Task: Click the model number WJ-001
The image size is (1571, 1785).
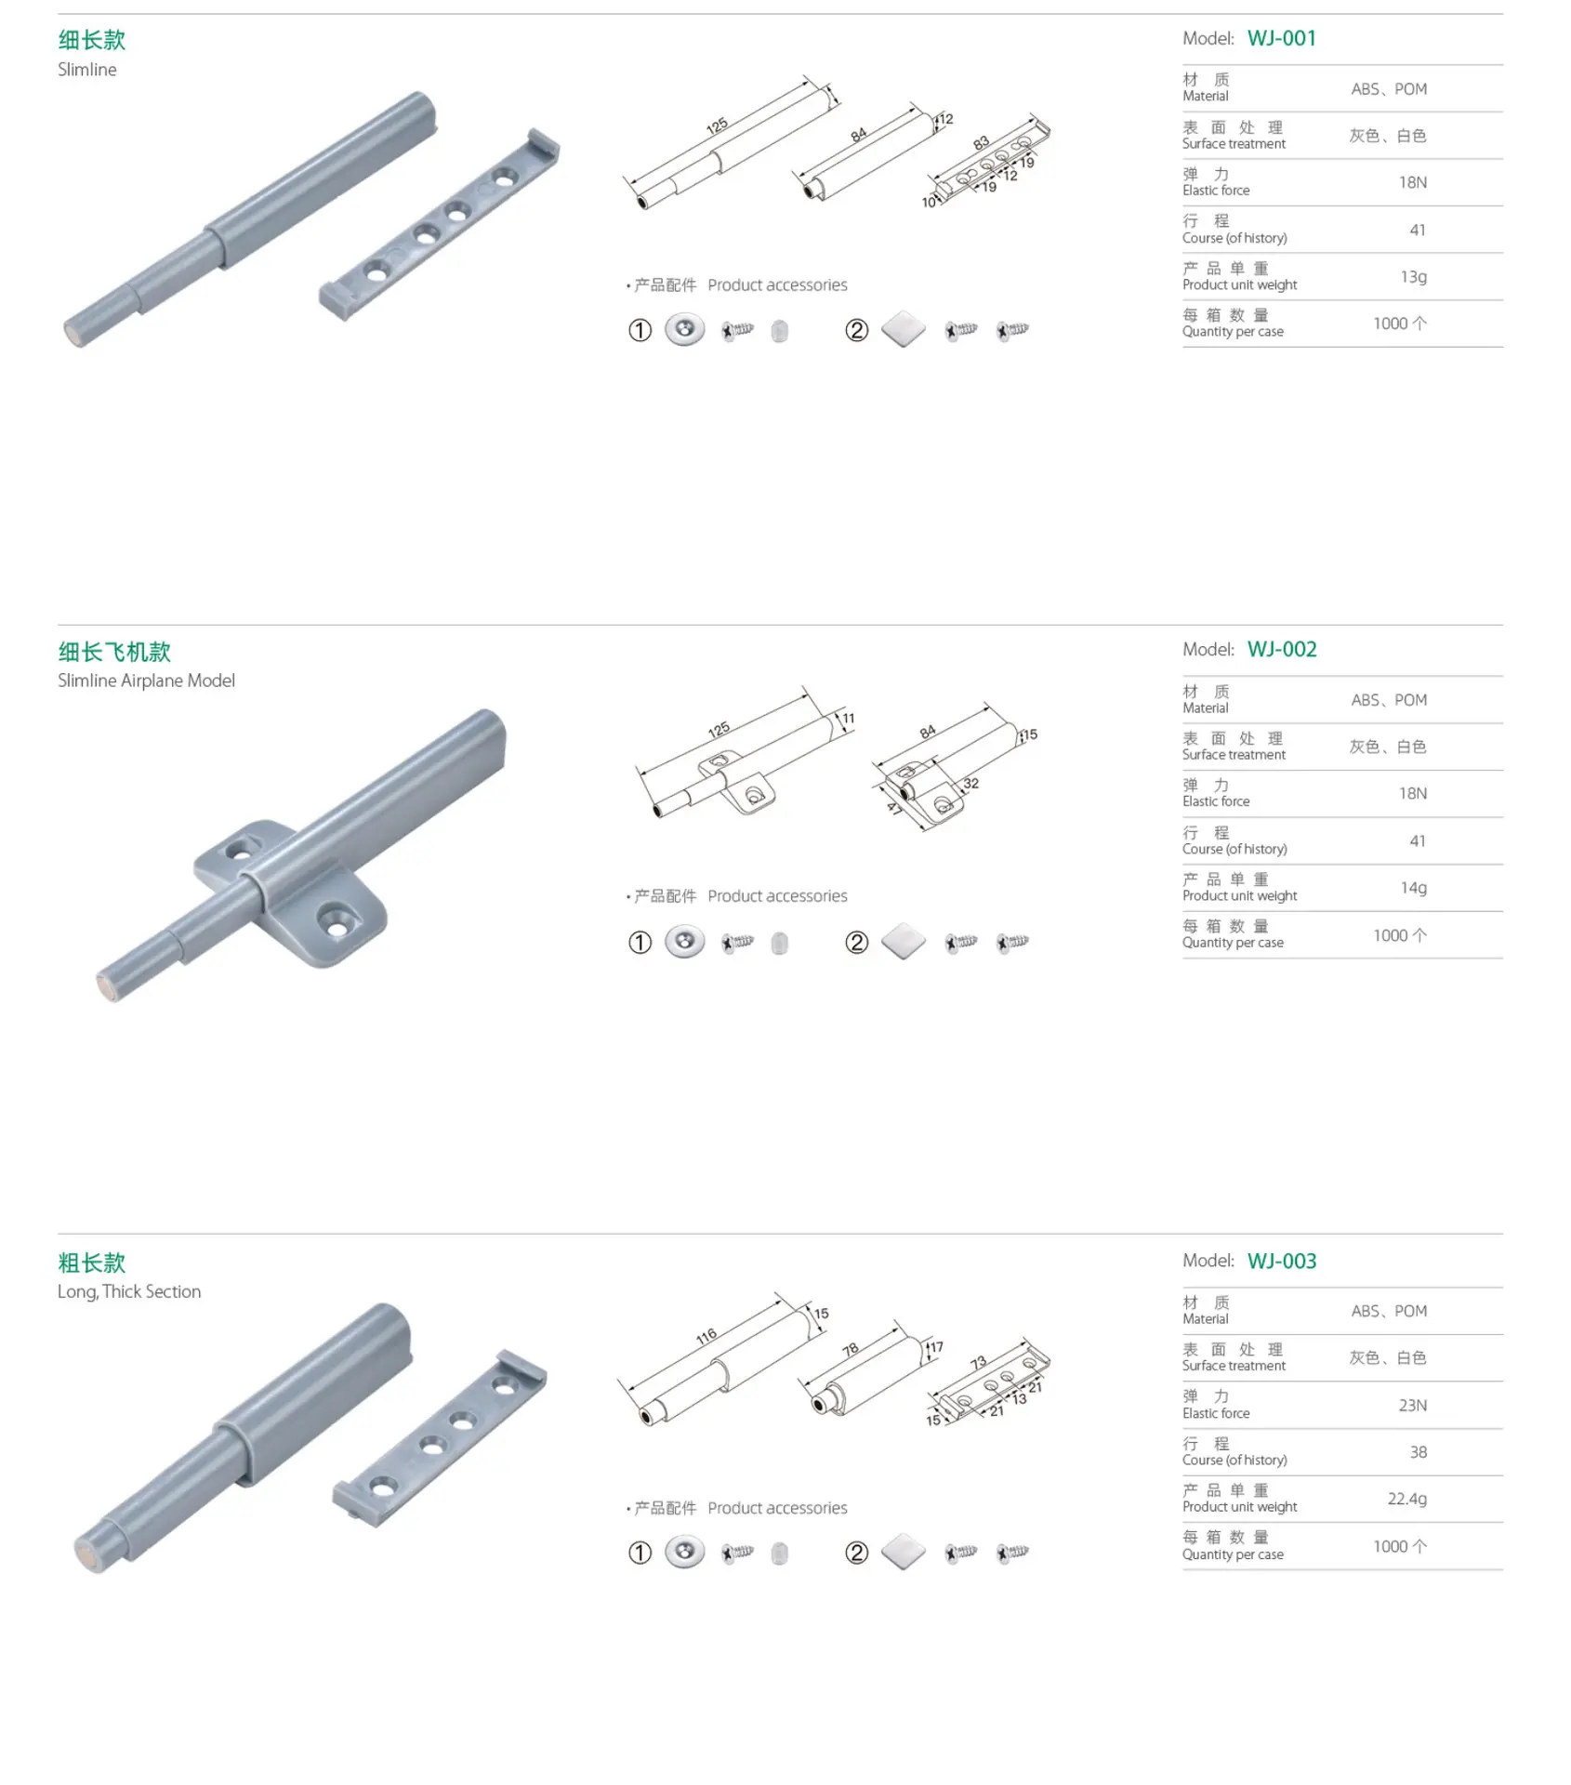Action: (1281, 38)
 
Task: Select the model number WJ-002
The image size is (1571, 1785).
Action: (1282, 649)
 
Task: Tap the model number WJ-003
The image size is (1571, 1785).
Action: (1282, 1261)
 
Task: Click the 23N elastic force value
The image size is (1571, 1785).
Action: (1412, 1405)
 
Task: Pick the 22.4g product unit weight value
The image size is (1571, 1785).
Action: (1406, 1499)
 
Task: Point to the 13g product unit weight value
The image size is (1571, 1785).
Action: (1413, 276)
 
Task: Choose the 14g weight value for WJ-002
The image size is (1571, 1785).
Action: (1413, 888)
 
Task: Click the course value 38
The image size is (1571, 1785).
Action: (1418, 1451)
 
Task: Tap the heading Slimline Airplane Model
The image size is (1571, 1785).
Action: (146, 681)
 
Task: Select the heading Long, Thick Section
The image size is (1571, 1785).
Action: (129, 1291)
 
